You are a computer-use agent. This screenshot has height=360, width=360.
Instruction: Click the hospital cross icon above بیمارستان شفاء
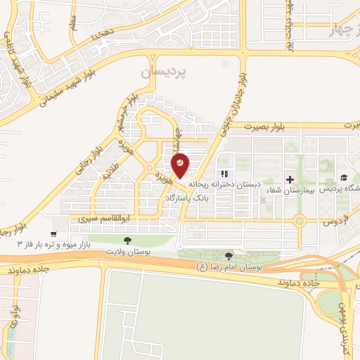[x=290, y=179]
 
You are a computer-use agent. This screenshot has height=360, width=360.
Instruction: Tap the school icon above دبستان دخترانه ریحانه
[x=224, y=174]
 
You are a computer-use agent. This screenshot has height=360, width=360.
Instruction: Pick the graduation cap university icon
[x=344, y=178]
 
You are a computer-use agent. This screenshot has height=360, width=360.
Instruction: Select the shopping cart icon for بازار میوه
[x=53, y=233]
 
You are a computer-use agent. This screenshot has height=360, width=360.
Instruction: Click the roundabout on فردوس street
[x=300, y=220]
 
